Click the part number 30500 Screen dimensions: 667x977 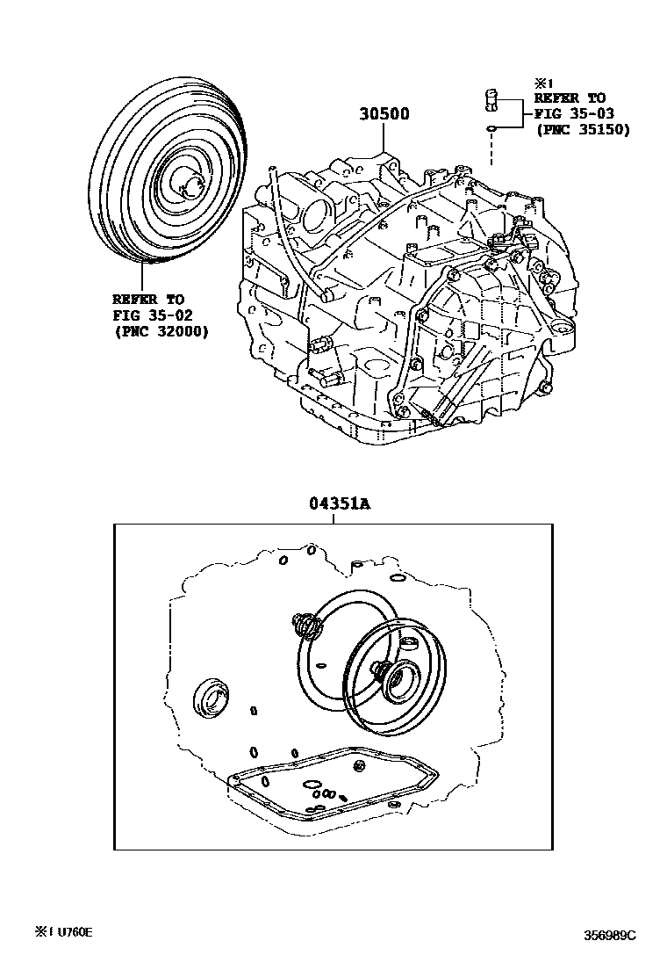(x=384, y=115)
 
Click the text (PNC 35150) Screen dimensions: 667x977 (x=582, y=129)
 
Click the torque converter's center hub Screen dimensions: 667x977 (x=187, y=185)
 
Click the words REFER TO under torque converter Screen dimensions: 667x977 (x=147, y=299)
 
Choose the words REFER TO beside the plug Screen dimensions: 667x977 (x=569, y=98)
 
